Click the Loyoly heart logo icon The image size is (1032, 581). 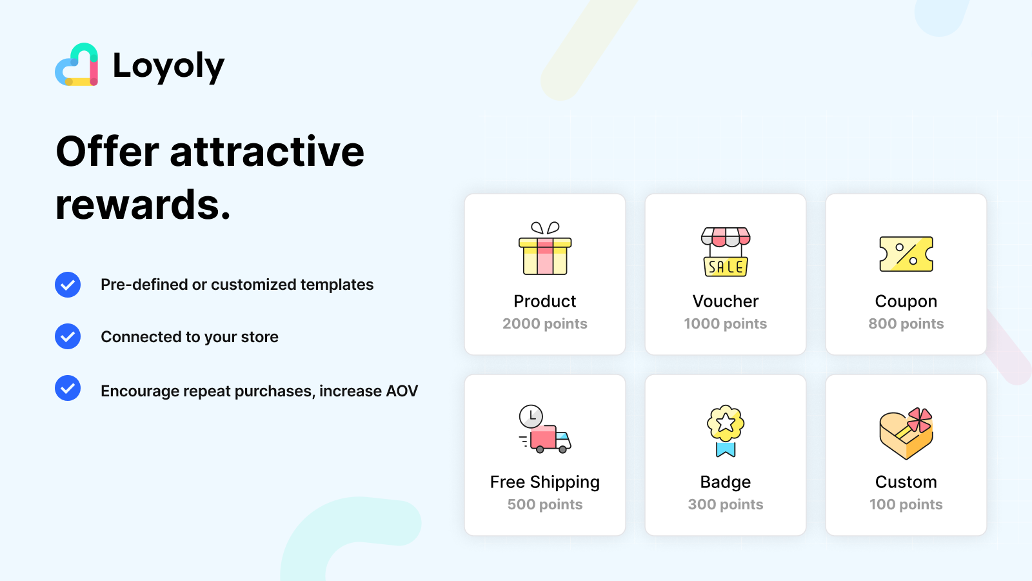point(77,65)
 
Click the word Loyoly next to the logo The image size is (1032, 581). point(168,66)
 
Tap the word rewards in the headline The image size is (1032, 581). point(143,205)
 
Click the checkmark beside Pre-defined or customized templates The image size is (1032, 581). point(68,285)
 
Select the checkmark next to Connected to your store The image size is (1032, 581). point(68,336)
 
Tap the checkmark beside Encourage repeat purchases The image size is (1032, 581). point(68,388)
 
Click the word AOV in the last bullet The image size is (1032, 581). point(402,391)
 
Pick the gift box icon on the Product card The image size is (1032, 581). point(545,249)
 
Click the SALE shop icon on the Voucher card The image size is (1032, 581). point(726,252)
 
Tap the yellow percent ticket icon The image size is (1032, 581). point(906,254)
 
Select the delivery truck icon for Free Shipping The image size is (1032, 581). point(546,430)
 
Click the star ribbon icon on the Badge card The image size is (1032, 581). point(726,431)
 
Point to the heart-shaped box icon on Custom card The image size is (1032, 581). point(906,433)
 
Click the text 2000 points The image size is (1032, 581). point(545,324)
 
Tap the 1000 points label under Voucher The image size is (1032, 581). point(726,324)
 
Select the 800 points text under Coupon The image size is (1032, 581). point(906,324)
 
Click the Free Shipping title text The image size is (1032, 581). point(545,482)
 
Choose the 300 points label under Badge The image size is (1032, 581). point(726,505)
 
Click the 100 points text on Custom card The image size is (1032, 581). point(906,505)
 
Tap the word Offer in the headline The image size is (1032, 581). point(107,152)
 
